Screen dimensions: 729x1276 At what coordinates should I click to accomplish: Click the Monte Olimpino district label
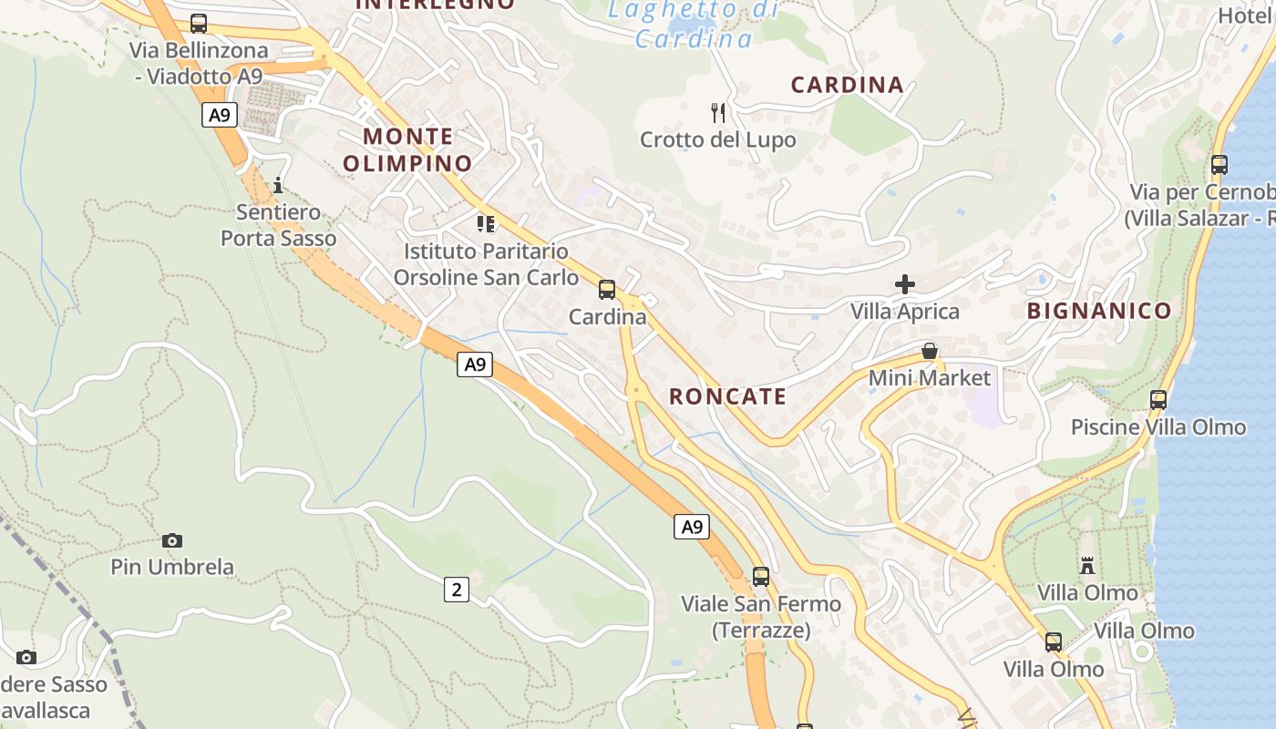tap(407, 150)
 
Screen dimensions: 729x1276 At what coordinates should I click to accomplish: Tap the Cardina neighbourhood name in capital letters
tap(847, 85)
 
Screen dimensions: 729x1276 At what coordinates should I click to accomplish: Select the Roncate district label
tap(727, 396)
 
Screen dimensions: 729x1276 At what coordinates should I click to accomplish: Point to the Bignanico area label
tap(1098, 311)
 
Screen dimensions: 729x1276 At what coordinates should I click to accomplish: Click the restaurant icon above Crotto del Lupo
tap(718, 113)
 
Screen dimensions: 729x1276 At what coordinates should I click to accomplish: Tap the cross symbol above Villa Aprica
tap(904, 284)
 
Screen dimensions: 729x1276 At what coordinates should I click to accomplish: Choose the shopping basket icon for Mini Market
tap(929, 351)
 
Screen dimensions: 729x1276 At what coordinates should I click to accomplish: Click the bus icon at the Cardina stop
tap(607, 290)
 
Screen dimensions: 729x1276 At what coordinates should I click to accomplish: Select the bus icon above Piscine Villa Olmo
tap(1158, 399)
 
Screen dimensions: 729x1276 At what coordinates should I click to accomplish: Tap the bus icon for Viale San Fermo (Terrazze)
tap(760, 576)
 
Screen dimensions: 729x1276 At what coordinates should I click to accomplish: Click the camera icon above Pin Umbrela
tap(171, 540)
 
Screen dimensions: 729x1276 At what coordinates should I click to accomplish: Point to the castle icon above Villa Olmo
tap(1086, 566)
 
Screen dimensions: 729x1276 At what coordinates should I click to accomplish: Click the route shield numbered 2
tap(456, 590)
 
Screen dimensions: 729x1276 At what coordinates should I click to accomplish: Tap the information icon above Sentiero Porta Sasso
tap(277, 185)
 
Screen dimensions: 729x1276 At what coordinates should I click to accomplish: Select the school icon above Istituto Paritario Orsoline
tap(485, 223)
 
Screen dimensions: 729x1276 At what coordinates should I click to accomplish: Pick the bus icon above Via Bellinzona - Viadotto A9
tap(198, 24)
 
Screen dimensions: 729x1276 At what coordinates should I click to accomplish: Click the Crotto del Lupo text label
tap(717, 140)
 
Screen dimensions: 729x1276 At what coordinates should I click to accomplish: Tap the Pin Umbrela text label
tap(171, 567)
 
